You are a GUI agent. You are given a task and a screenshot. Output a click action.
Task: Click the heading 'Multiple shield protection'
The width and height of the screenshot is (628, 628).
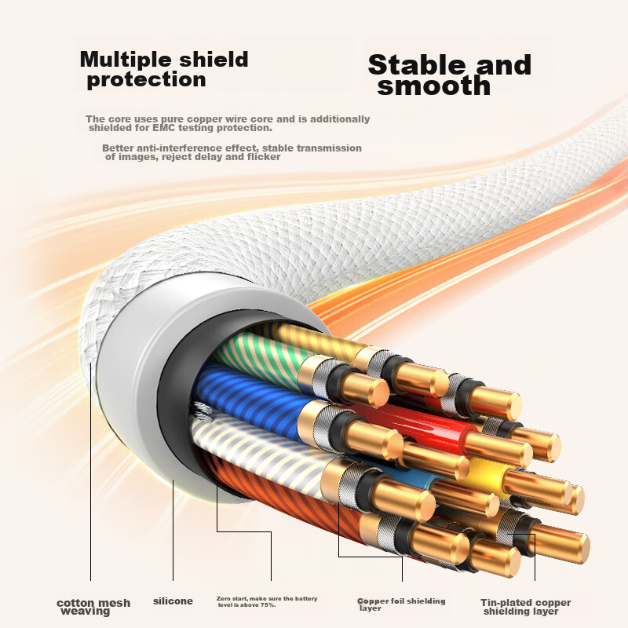(164, 69)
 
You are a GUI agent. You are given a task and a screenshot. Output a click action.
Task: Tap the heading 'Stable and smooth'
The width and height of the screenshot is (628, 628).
(449, 75)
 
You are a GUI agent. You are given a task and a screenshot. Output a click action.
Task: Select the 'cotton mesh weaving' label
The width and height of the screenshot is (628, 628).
(93, 607)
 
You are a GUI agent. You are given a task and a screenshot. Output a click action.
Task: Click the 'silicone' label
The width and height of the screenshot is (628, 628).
(173, 601)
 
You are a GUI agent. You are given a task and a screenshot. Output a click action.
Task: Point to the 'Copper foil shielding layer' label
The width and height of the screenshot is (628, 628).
(401, 604)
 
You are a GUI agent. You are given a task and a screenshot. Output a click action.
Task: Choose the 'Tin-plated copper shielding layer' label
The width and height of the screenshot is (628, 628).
(525, 607)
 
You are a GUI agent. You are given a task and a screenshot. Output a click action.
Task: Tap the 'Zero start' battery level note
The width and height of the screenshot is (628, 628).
(267, 601)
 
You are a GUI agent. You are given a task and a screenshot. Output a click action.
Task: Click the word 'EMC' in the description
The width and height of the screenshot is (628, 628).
(164, 128)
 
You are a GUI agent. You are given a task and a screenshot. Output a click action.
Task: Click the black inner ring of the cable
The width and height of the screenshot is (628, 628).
(176, 400)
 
